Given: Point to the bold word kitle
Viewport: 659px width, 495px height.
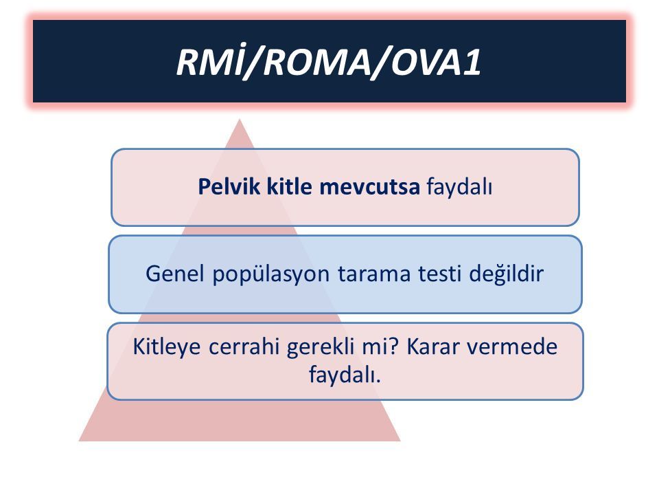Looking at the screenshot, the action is pyautogui.click(x=289, y=186).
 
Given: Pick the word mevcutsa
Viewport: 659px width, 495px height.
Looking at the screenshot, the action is pyautogui.click(x=369, y=186).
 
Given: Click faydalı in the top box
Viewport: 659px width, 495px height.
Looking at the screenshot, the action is pyautogui.click(x=459, y=187).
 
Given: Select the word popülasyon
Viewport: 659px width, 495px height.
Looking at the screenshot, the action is pyautogui.click(x=270, y=274).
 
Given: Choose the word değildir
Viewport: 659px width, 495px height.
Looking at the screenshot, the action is pyautogui.click(x=507, y=274).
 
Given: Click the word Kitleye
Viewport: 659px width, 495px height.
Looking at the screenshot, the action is pyautogui.click(x=166, y=348).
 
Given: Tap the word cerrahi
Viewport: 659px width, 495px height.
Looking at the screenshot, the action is pyautogui.click(x=244, y=346).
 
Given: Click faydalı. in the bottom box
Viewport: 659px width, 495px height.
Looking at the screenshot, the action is pyautogui.click(x=345, y=374).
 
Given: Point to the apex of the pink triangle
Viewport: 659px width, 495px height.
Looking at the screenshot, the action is pyautogui.click(x=240, y=120).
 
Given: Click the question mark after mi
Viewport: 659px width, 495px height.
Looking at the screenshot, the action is pyautogui.click(x=393, y=346).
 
